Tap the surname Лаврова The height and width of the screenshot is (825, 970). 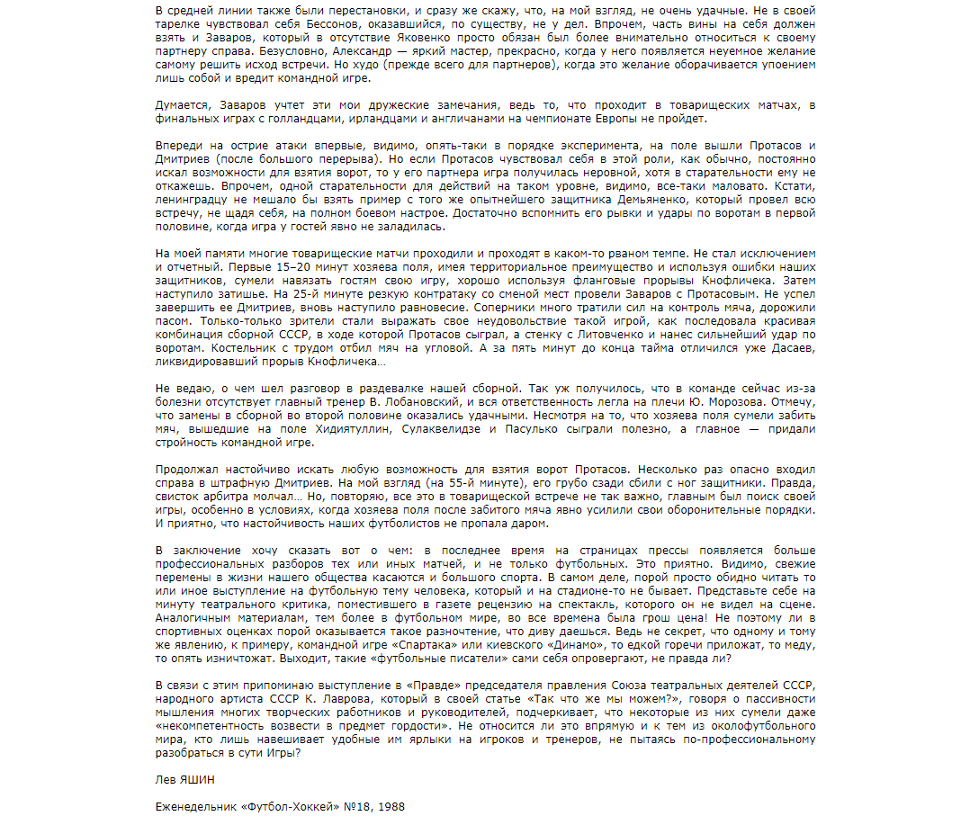click(x=335, y=698)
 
